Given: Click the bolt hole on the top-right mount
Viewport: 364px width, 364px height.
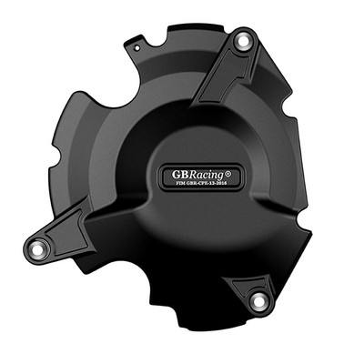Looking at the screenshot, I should [243, 42].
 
